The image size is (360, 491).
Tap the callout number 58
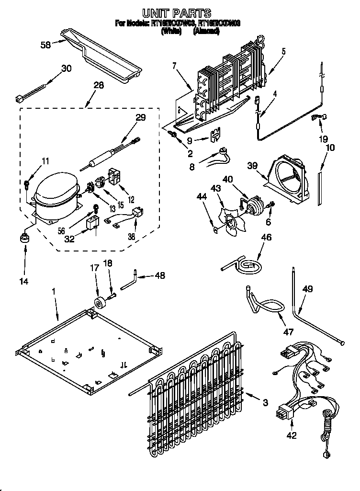tap(45, 45)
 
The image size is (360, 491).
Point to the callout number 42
tap(292, 435)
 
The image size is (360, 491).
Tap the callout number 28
tap(99, 86)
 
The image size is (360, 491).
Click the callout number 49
tap(308, 289)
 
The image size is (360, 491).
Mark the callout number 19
tap(324, 139)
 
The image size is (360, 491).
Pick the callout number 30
tap(66, 69)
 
